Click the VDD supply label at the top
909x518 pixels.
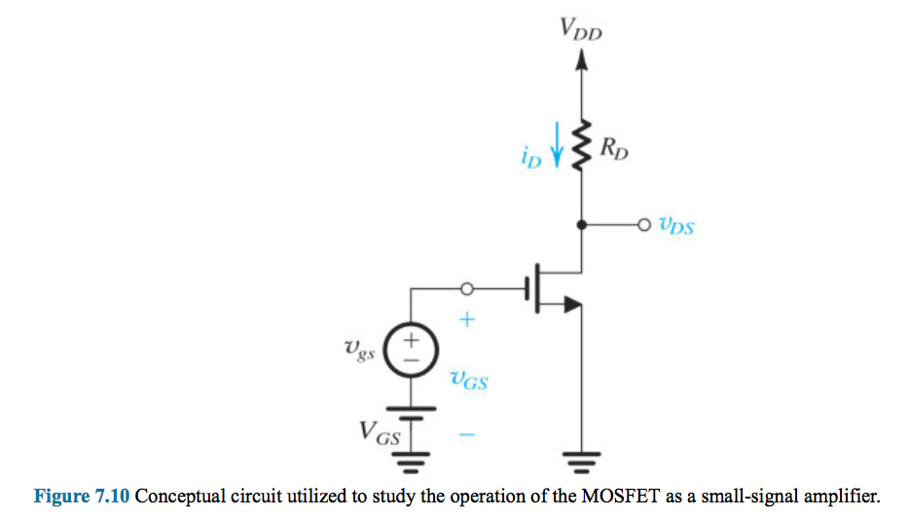click(x=581, y=28)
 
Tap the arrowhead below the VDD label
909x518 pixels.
click(x=581, y=60)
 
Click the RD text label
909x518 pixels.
click(x=613, y=150)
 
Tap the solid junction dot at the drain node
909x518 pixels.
click(x=581, y=225)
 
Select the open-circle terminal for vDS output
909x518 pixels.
click(x=641, y=225)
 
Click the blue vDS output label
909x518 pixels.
click(x=676, y=227)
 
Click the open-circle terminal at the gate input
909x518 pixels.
click(x=466, y=288)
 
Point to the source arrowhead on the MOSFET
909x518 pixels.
click(x=573, y=305)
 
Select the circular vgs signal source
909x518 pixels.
click(x=411, y=349)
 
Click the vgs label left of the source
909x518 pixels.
click(x=360, y=347)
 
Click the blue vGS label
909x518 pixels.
click(x=468, y=381)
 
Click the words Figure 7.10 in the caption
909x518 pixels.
click(x=82, y=497)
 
